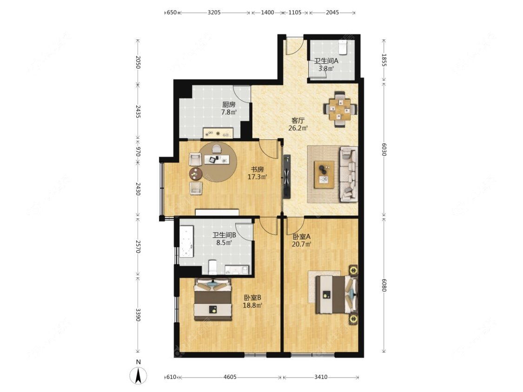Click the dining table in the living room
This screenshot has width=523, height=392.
[340, 109]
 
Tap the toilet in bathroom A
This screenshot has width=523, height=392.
[343, 47]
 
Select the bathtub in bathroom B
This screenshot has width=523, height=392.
[186, 242]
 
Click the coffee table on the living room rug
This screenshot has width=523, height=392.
[324, 175]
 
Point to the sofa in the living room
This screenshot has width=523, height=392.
[349, 174]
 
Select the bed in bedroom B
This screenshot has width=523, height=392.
[213, 299]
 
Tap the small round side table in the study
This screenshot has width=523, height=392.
[195, 173]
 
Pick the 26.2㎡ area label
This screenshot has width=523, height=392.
[298, 127]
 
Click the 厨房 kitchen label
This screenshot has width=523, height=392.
[229, 105]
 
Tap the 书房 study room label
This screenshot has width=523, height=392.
[257, 170]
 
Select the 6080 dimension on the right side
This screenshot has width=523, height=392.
[384, 285]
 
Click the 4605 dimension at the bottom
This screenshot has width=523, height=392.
[230, 377]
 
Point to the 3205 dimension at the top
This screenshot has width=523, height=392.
[214, 13]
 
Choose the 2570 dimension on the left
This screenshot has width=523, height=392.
[138, 246]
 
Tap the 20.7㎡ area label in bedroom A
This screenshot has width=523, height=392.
[302, 244]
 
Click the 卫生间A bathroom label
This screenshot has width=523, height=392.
[326, 61]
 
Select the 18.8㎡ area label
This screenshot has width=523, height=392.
[252, 305]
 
